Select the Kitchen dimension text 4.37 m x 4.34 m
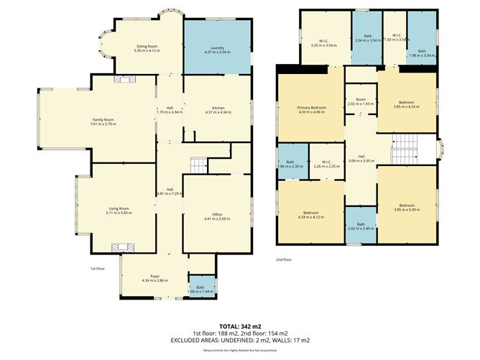[x=218, y=112]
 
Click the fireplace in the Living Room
[x=119, y=247]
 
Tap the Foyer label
[x=154, y=274]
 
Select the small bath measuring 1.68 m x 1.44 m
[x=201, y=288]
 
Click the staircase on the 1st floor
[x=198, y=165]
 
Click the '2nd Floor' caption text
[x=285, y=259]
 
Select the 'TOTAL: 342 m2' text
[x=239, y=326]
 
